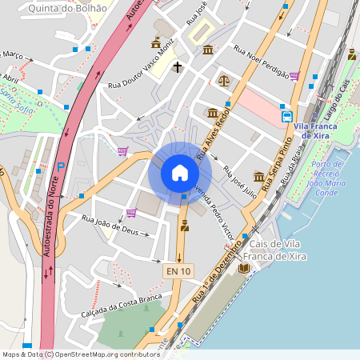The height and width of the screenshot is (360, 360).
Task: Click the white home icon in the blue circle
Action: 180,173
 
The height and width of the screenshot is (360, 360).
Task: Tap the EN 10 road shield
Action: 178,272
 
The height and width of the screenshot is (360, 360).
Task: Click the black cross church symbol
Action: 175,69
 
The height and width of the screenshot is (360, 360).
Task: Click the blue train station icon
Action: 287,116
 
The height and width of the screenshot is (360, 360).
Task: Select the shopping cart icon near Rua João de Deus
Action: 131,212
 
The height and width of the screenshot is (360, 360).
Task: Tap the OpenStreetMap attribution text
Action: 80,354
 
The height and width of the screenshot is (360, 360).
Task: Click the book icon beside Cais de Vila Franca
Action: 244,267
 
